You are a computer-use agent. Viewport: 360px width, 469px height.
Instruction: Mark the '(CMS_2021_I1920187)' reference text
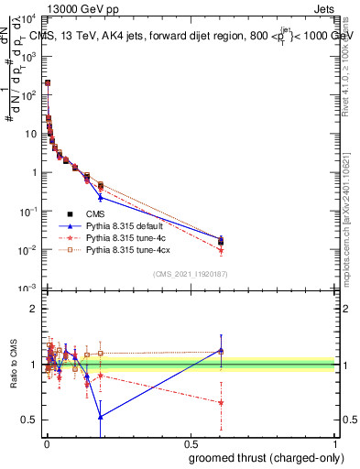point(190,274)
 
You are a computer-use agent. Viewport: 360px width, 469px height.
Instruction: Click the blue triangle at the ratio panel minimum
point(100,416)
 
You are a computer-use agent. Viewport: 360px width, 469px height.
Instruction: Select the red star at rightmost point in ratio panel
point(221,403)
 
